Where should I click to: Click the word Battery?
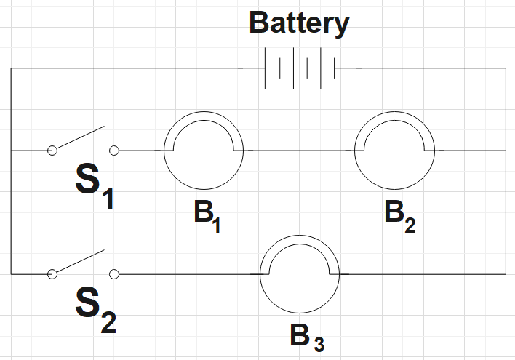(299, 23)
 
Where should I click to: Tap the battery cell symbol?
(300, 68)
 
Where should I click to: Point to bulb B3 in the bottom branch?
(300, 273)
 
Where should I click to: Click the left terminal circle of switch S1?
(52, 151)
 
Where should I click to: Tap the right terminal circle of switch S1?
(113, 151)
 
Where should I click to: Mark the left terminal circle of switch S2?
(52, 274)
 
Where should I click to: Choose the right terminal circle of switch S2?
(113, 274)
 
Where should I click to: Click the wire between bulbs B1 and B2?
(298, 151)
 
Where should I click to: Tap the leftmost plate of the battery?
(266, 68)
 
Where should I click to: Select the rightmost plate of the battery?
(335, 68)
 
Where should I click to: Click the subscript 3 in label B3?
(319, 344)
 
